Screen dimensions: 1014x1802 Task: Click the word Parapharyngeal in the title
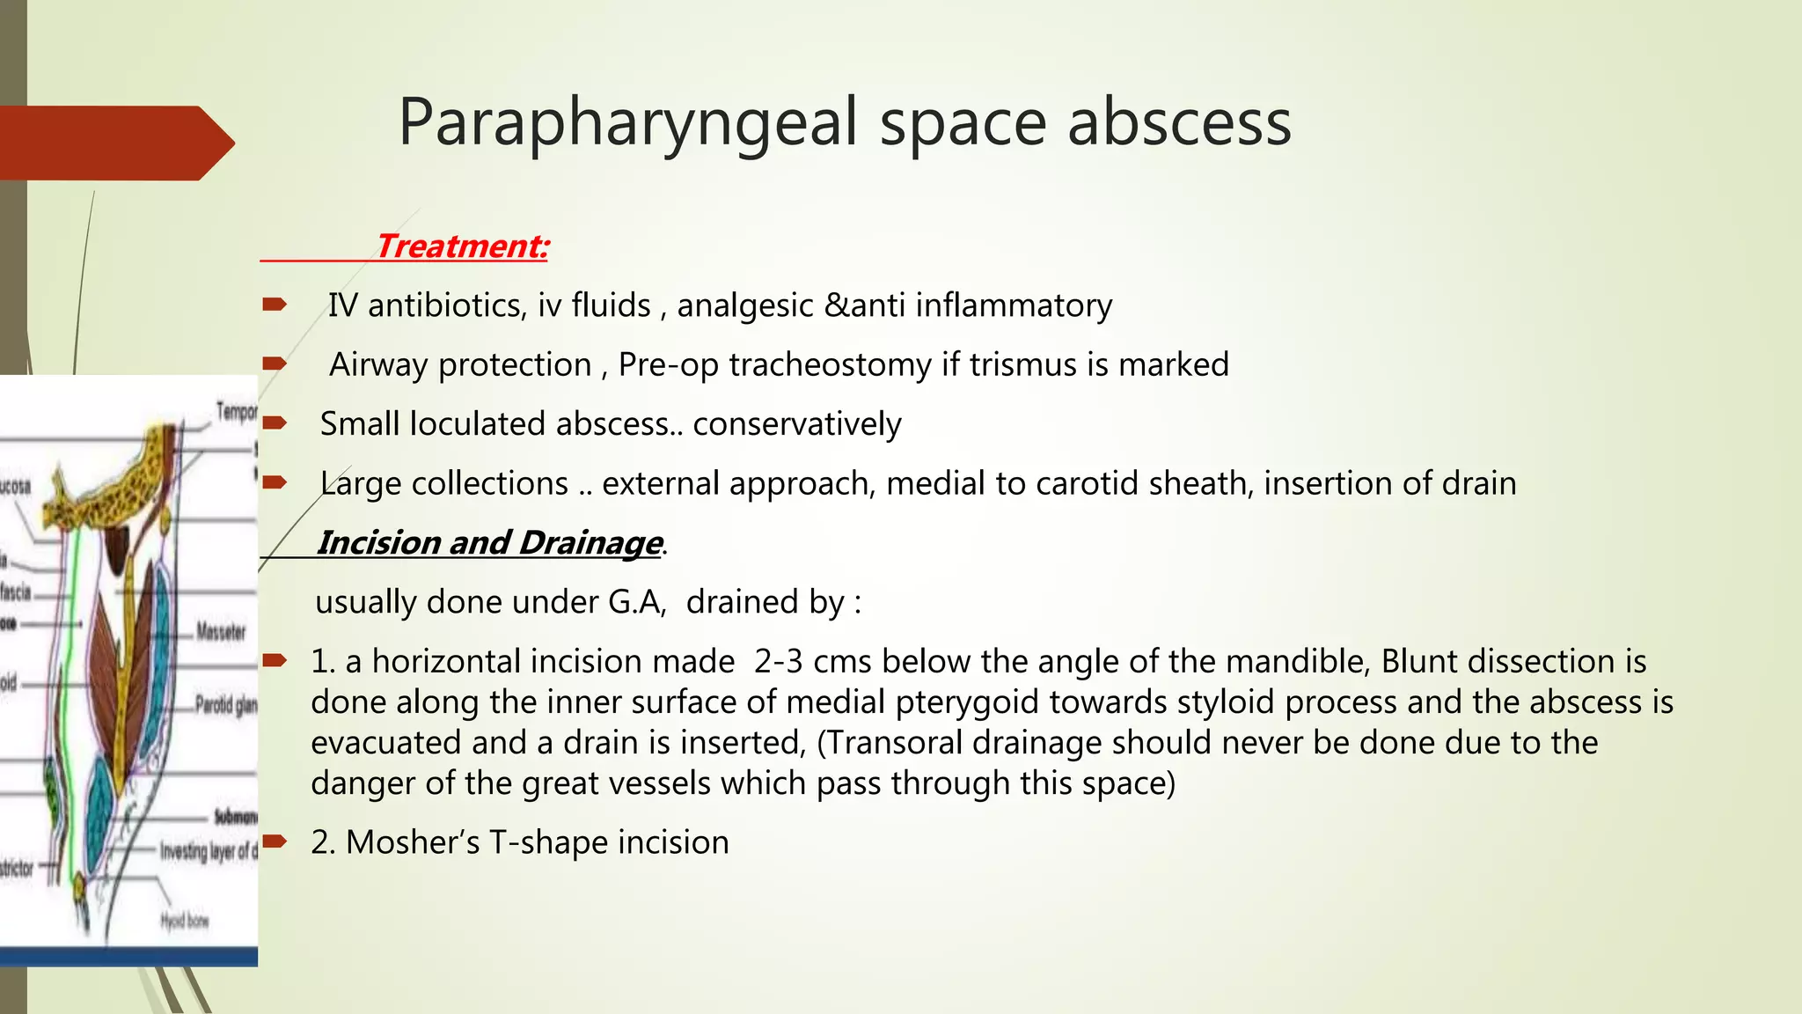pos(627,123)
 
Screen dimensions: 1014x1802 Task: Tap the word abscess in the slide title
pos(1179,123)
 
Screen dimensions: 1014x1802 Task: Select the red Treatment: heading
pos(462,246)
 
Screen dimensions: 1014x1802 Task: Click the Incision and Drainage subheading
pos(488,542)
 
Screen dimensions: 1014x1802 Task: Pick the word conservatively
pos(797,424)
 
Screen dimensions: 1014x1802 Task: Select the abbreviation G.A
pos(636,602)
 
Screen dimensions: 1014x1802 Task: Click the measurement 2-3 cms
pos(812,661)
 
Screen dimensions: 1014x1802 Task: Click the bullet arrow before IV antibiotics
pos(275,305)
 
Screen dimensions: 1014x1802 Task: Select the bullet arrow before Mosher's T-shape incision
pos(275,841)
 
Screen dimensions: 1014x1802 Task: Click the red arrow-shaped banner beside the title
pos(114,143)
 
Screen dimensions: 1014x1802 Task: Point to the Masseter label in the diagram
pos(221,631)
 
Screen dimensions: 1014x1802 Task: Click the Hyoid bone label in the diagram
pos(185,921)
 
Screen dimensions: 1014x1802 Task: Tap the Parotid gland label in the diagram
pos(225,705)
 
